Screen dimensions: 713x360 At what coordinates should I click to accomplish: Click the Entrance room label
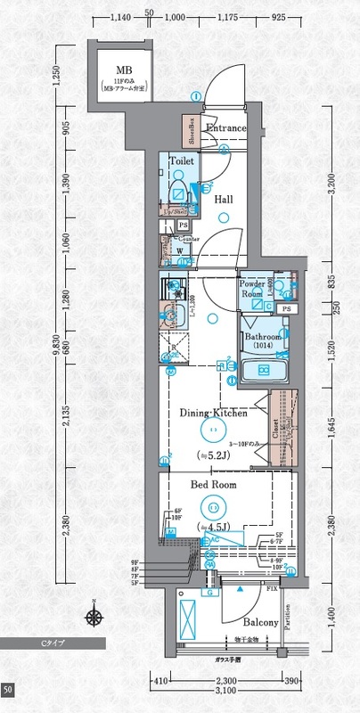[225, 128]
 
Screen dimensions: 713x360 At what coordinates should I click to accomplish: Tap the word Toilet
[182, 162]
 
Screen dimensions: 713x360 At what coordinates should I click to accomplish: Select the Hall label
[224, 199]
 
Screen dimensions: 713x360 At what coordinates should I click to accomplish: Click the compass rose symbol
[93, 614]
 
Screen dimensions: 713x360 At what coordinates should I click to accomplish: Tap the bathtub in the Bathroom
[264, 369]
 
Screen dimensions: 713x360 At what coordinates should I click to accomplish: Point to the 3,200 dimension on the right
[331, 187]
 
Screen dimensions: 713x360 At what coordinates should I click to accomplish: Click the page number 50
[7, 690]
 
